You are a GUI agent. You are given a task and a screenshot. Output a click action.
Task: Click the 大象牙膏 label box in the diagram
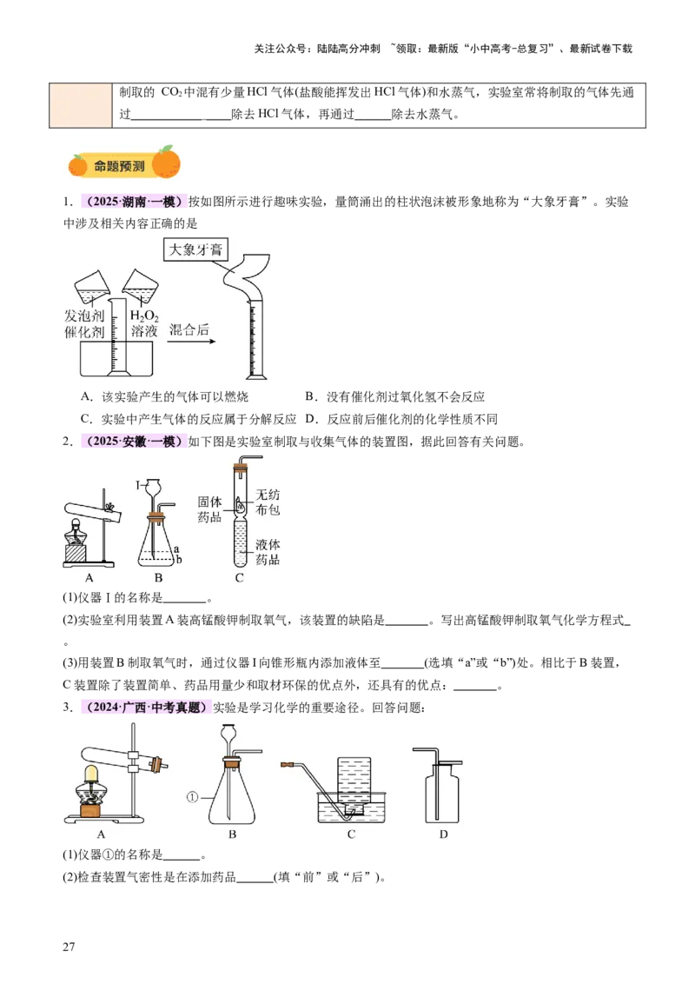195,249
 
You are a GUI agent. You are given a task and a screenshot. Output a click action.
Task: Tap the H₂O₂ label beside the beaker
143,316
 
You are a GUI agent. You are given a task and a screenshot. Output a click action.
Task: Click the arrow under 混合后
193,342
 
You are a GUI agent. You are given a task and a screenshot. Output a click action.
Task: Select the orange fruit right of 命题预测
166,162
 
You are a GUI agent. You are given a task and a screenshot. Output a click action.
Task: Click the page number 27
69,947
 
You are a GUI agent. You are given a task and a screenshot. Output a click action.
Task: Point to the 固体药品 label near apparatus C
209,509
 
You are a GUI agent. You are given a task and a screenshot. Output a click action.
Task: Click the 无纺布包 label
268,502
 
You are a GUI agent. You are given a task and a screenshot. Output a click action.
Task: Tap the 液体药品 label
268,552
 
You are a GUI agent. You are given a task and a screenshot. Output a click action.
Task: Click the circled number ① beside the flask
193,797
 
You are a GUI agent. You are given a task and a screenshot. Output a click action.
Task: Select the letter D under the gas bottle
443,834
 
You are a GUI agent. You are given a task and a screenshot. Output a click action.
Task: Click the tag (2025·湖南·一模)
133,202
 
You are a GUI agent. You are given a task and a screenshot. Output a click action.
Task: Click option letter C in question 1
86,419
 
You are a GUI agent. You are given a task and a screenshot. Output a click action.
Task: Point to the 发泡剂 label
84,316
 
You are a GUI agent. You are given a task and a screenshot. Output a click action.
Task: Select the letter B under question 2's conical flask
158,577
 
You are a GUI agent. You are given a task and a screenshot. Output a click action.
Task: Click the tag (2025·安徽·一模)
133,442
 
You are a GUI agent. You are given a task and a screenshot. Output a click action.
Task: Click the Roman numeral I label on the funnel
138,485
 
